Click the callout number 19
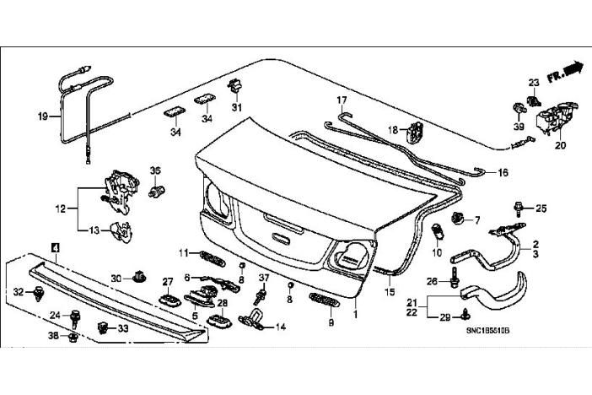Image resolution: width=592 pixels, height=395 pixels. pos(43,116)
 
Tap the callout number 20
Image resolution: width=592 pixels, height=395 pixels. pos(561,143)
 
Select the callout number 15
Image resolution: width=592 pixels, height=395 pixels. pos(390,292)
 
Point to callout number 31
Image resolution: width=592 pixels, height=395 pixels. pos(237,107)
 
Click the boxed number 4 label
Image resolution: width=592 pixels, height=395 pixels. pos(56,246)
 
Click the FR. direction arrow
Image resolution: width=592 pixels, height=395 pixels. pos(565,71)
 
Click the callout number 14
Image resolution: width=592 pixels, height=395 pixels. pos(280,327)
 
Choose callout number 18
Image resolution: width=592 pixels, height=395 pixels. pos(392,129)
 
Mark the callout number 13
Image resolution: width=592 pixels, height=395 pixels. pos(95,229)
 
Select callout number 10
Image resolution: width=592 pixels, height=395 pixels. pos(437,252)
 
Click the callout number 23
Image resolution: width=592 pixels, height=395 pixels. pos(534,81)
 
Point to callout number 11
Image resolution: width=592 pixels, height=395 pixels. pos(183,253)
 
